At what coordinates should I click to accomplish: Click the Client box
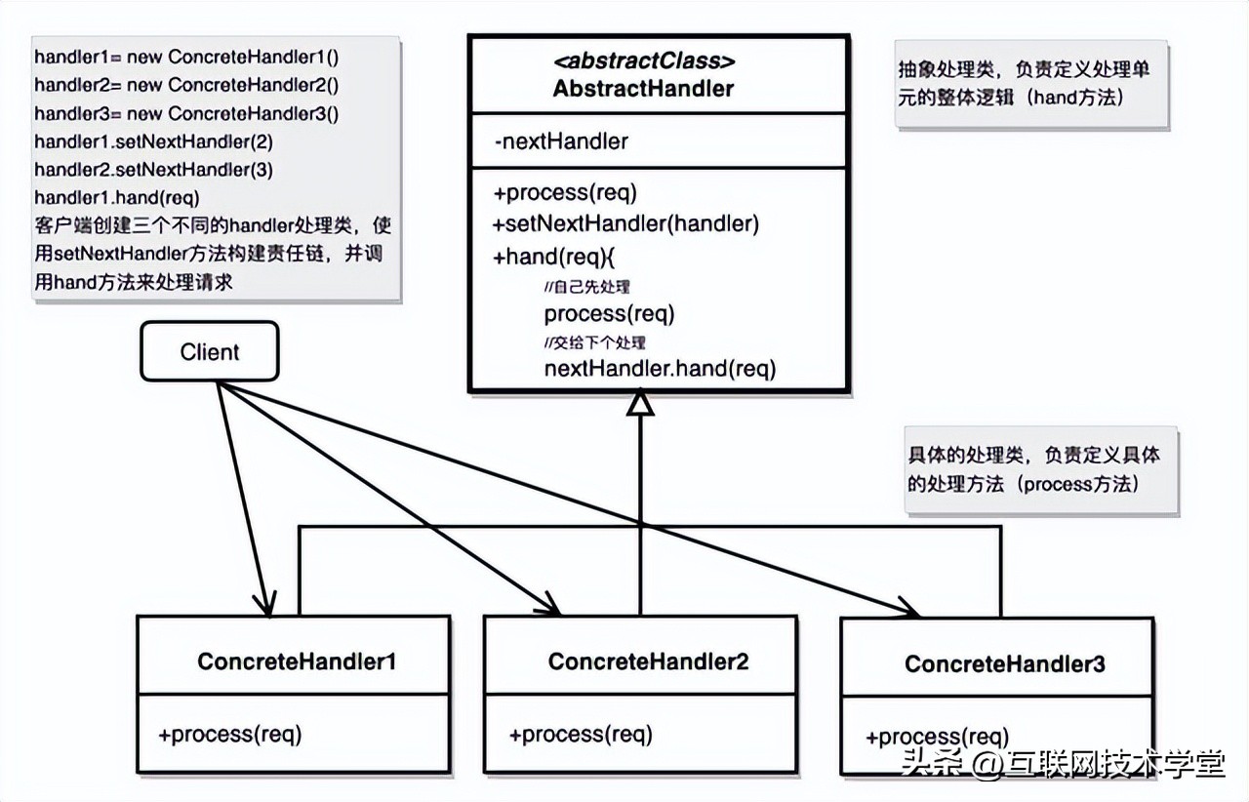[x=210, y=351]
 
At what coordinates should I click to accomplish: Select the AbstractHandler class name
[x=643, y=89]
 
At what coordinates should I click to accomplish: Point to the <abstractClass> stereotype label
[x=643, y=60]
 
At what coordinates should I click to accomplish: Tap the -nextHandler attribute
[x=561, y=141]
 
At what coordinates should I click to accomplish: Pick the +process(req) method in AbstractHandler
[x=565, y=192]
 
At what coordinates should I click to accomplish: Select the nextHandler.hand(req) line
[x=660, y=368]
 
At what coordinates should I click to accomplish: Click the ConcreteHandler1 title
[x=297, y=662]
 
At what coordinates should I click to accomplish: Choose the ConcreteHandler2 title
[x=648, y=662]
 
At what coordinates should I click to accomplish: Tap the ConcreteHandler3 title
[x=1005, y=664]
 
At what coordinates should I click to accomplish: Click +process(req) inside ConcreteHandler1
[x=230, y=734]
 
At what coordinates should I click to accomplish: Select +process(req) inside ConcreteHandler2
[x=581, y=734]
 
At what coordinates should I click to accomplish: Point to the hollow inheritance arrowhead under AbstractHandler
[x=640, y=402]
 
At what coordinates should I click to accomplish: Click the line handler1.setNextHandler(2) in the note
[x=153, y=141]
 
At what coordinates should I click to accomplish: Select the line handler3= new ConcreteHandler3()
[x=186, y=113]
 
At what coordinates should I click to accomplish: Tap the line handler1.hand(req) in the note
[x=117, y=197]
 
